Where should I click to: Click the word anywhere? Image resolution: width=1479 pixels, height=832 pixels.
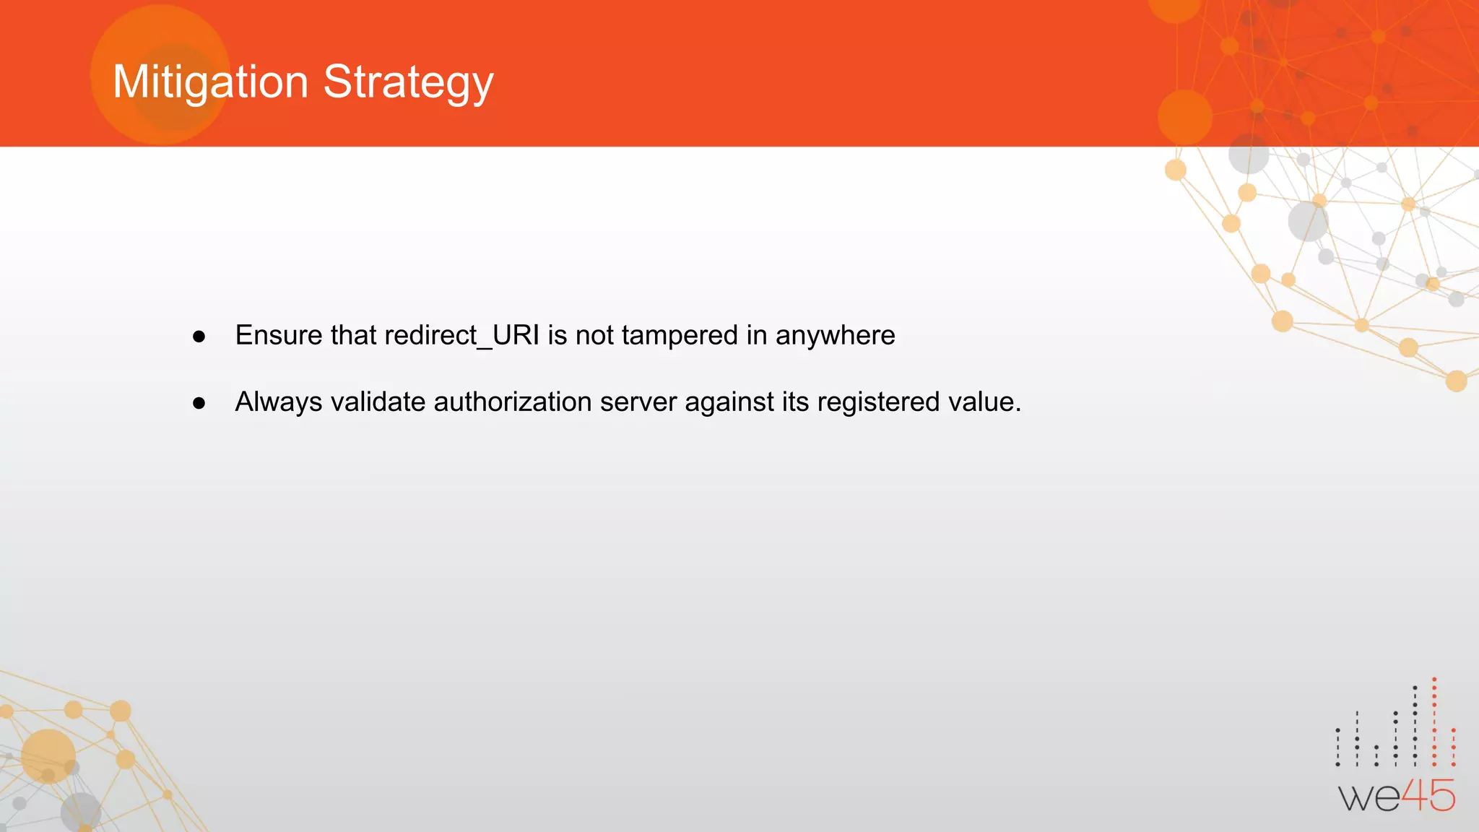[835, 336]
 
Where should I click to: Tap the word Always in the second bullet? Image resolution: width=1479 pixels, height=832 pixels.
[279, 402]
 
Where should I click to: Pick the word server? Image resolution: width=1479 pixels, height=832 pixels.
[638, 402]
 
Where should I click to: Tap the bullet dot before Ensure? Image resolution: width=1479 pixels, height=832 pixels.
[199, 337]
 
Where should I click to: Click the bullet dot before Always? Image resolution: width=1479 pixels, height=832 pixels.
[199, 403]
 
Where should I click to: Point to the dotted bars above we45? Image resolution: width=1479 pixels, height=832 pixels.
[1395, 726]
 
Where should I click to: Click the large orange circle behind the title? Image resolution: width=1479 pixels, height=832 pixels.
[160, 74]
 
